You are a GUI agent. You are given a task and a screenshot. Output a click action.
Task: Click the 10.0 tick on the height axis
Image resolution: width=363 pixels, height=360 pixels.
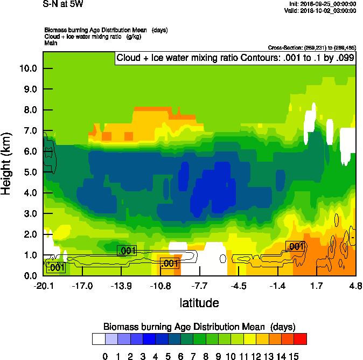click(29, 68)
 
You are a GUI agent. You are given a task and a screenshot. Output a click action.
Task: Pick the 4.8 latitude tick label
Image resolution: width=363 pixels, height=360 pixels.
click(355, 286)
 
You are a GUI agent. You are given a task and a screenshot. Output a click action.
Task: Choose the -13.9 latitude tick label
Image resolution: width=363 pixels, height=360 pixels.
click(121, 286)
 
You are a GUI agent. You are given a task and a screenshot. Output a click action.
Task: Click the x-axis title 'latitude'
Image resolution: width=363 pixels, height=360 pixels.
click(199, 303)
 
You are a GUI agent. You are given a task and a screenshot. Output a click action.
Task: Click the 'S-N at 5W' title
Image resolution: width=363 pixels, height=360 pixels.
click(63, 4)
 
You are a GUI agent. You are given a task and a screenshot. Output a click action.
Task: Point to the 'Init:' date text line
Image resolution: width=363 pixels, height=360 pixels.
click(320, 4)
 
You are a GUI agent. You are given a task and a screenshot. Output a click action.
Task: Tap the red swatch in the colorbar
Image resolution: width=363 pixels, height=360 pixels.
click(301, 339)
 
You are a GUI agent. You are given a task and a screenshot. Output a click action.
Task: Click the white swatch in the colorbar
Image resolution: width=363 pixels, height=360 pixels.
click(98, 339)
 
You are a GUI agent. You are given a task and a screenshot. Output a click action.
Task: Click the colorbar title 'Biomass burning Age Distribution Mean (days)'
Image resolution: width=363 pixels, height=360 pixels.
click(199, 327)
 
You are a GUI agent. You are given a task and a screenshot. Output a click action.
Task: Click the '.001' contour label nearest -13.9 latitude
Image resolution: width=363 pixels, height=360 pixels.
click(127, 250)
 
